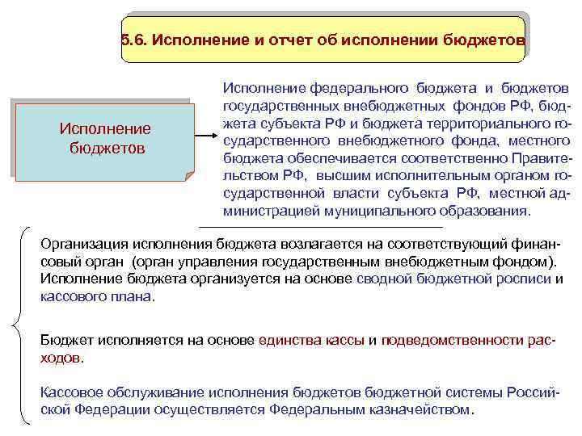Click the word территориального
click(492, 124)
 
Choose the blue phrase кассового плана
click(95, 297)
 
